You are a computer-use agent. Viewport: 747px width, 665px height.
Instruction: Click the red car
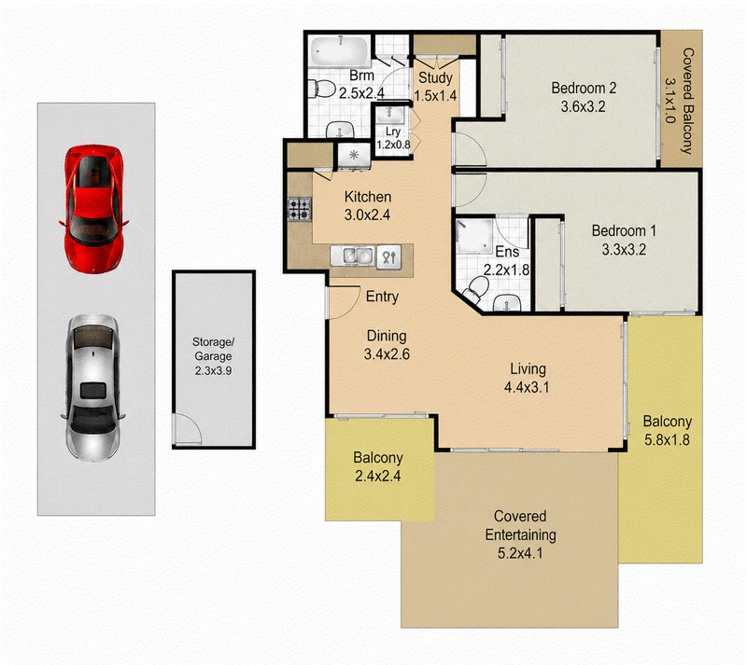(x=94, y=209)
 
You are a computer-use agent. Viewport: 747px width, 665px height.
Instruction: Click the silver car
(x=93, y=387)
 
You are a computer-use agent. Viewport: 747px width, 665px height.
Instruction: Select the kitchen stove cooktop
(x=299, y=210)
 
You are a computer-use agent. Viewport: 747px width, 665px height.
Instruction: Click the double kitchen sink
(x=353, y=256)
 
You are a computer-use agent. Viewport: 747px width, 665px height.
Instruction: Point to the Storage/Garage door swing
(x=190, y=429)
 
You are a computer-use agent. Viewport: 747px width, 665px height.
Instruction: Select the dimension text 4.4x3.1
(x=527, y=387)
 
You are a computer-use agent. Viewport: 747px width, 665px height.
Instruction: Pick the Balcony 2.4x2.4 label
(x=378, y=466)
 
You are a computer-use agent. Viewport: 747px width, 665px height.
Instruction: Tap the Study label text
(x=435, y=77)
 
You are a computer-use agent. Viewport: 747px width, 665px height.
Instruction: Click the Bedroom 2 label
(x=584, y=88)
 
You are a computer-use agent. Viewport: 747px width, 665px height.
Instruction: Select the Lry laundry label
(x=393, y=132)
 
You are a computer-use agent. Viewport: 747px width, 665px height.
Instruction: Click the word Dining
(x=387, y=336)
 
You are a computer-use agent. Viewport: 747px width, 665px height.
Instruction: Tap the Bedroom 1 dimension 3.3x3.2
(x=624, y=249)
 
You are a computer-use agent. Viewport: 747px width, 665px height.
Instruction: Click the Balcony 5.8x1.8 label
(x=667, y=430)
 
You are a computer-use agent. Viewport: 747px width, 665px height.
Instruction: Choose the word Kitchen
(x=368, y=197)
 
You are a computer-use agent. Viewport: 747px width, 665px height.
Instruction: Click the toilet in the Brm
(x=321, y=89)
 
